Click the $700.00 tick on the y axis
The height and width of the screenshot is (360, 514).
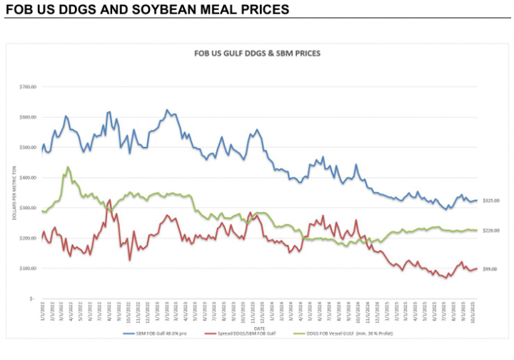point(27,86)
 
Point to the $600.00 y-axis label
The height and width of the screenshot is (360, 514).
point(27,117)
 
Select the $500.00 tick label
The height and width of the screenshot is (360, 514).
point(27,147)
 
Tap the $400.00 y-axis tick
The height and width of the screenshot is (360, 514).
point(27,177)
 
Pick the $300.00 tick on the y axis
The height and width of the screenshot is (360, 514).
point(27,208)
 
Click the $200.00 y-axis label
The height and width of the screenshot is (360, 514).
point(27,238)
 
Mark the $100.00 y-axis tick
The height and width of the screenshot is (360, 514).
point(27,269)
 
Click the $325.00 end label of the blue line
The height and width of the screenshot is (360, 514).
point(490,201)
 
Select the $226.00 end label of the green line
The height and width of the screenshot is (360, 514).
point(490,231)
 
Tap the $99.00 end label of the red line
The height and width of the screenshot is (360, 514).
point(490,269)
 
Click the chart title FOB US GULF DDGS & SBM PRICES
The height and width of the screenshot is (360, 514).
point(258,54)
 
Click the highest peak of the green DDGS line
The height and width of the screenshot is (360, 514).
point(68,167)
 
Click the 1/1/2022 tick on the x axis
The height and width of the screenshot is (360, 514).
point(43,314)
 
